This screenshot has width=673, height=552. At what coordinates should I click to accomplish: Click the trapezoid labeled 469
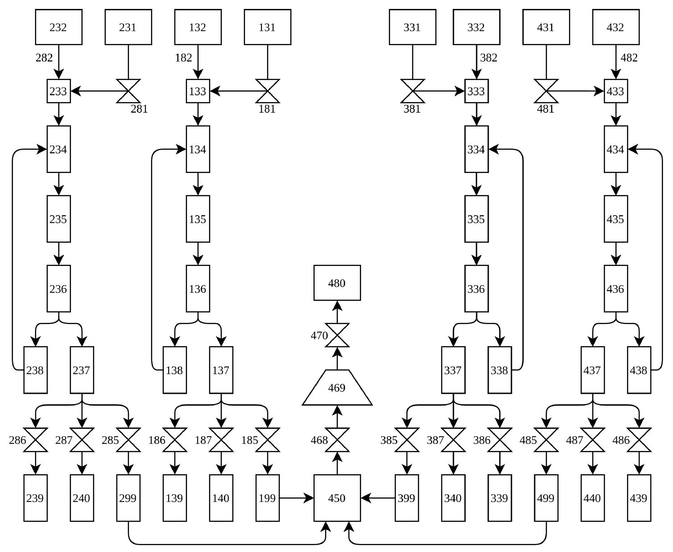(x=337, y=388)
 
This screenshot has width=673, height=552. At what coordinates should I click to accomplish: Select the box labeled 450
(x=337, y=498)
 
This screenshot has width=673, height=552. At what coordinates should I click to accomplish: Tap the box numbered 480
(x=337, y=283)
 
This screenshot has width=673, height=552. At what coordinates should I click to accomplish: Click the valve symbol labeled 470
(x=337, y=335)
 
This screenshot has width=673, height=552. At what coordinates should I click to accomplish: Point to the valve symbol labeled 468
(x=337, y=440)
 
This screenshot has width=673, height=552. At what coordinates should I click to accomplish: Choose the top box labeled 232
(x=58, y=27)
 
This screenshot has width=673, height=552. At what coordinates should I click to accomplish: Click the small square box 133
(x=198, y=91)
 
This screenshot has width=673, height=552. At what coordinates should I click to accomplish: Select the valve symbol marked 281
(x=129, y=91)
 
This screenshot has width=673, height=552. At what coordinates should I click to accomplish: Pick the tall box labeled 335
(x=476, y=219)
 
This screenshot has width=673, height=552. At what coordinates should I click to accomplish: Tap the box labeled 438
(x=639, y=370)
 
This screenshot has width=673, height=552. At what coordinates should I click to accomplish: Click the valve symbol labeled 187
(x=221, y=440)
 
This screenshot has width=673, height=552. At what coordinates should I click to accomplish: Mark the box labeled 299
(x=128, y=498)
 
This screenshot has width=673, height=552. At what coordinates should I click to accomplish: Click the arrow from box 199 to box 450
(x=296, y=498)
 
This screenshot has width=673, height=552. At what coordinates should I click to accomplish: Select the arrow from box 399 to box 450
(x=378, y=498)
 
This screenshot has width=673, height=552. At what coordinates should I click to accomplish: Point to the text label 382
(x=488, y=58)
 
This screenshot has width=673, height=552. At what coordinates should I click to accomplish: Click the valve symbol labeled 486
(x=639, y=440)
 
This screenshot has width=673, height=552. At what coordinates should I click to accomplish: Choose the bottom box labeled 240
(x=82, y=498)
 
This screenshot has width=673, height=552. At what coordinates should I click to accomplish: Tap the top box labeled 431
(x=546, y=27)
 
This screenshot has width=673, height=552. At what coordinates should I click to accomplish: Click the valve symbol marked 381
(x=412, y=91)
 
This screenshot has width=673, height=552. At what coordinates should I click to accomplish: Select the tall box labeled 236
(x=58, y=289)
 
